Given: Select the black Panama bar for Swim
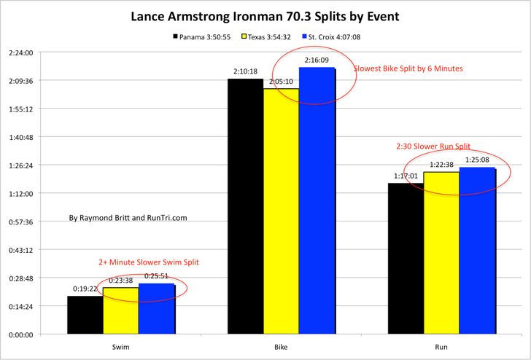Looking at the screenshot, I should click(85, 315).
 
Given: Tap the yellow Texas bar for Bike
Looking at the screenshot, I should click(281, 211).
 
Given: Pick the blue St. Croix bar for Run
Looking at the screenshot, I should click(477, 251).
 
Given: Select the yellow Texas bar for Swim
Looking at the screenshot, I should click(120, 310).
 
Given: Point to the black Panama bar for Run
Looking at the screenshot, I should click(406, 259).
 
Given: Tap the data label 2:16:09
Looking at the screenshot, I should click(316, 60).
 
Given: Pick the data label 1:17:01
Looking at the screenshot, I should click(405, 176).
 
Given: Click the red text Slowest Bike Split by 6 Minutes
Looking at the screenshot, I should click(408, 69).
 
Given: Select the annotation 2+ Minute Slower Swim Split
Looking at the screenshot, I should click(149, 262).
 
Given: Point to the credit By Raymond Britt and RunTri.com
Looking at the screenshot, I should click(128, 217).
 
